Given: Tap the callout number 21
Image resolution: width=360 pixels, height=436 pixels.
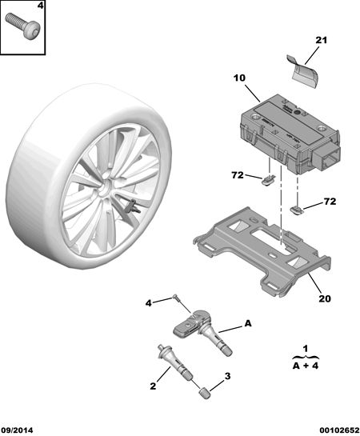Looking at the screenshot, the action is point(321,40).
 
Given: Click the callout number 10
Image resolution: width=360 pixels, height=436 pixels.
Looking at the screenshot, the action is point(239,78).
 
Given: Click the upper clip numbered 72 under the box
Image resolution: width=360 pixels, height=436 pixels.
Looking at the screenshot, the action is point(268,181).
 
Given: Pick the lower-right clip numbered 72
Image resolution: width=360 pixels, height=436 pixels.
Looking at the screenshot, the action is point(297,210).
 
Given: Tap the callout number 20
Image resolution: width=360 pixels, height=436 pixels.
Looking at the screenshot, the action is point(325,298).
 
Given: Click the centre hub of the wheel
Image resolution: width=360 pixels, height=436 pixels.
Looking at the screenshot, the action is point(104,188).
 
